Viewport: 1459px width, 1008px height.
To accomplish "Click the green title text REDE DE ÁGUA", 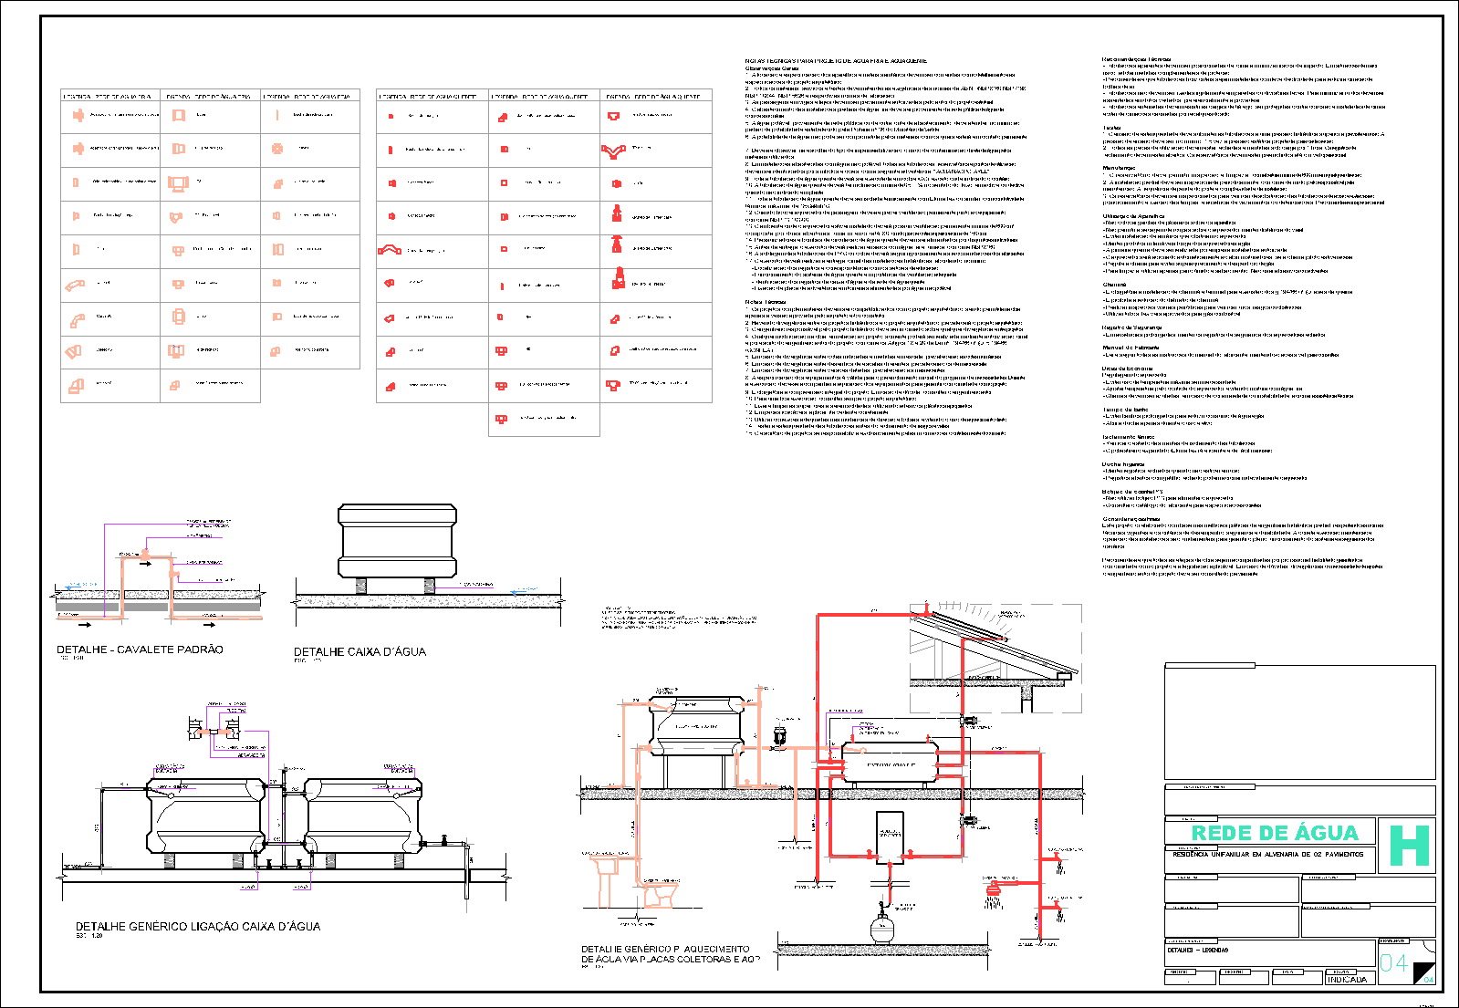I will [1275, 833].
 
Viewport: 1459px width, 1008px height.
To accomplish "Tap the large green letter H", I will [1408, 846].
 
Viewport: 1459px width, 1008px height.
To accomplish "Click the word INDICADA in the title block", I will [1347, 979].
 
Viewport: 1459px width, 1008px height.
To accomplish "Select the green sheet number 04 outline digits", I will [1393, 963].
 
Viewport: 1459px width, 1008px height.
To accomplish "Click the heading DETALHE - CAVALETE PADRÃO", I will [140, 649].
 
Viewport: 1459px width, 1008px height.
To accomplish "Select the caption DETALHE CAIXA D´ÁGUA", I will [360, 652].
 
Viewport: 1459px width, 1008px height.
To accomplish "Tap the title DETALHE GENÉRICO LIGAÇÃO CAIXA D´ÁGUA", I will [198, 927].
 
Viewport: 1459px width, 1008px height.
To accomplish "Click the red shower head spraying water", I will [995, 888].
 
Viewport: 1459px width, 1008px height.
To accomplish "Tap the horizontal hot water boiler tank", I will [889, 764].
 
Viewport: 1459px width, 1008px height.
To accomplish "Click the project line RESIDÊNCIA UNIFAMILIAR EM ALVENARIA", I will [1267, 855].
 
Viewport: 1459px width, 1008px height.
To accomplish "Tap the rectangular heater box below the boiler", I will [889, 835].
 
